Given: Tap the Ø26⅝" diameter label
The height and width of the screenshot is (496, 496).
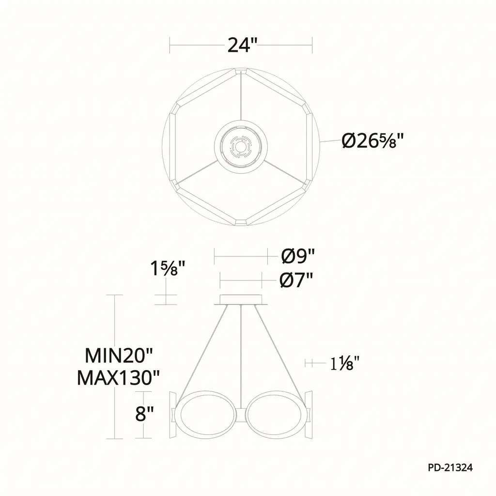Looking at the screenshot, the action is pyautogui.click(x=373, y=141).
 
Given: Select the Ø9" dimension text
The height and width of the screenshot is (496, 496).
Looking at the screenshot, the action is pyautogui.click(x=298, y=256).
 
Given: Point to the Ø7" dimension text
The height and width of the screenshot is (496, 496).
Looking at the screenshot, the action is pyautogui.click(x=296, y=280).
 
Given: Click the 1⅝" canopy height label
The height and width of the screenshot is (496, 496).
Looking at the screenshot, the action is pyautogui.click(x=167, y=268).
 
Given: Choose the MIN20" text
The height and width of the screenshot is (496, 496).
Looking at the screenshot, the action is pyautogui.click(x=119, y=356).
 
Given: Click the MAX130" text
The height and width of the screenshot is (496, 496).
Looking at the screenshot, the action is pyautogui.click(x=118, y=377).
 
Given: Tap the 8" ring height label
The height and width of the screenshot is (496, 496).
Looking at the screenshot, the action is pyautogui.click(x=144, y=414).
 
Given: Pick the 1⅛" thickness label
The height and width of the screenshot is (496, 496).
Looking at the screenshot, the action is pyautogui.click(x=344, y=363).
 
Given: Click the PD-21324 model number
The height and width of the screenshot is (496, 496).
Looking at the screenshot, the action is pyautogui.click(x=450, y=467).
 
